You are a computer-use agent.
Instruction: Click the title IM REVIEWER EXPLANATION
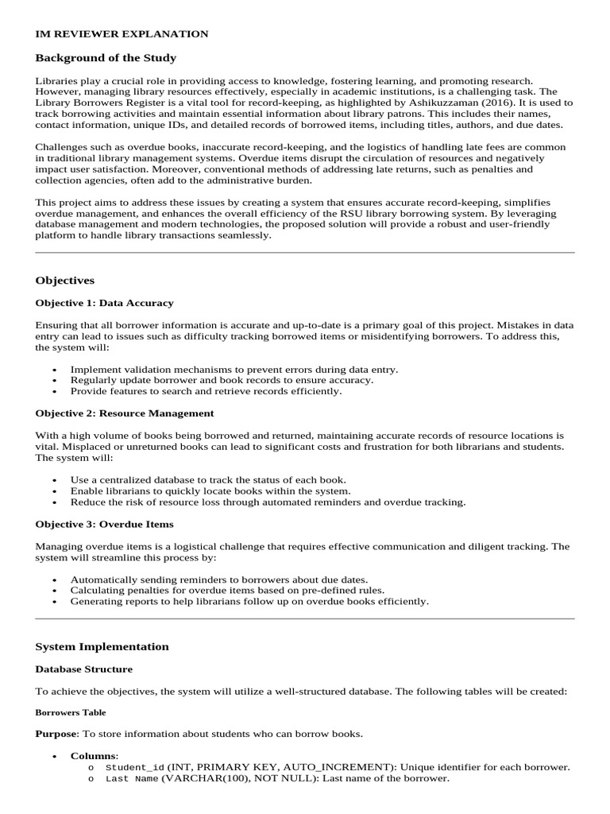click(x=122, y=34)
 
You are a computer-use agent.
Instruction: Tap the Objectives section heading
click(x=65, y=281)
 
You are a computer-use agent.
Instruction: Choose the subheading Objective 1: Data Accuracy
click(x=104, y=303)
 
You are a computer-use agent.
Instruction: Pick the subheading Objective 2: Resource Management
click(x=125, y=413)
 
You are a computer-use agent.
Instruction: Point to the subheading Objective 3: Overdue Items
click(x=104, y=524)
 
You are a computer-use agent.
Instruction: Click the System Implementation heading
click(x=102, y=646)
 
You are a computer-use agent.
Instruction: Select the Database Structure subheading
click(x=84, y=669)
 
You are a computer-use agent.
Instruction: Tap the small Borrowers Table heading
click(x=71, y=713)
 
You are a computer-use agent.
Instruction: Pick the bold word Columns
click(x=93, y=755)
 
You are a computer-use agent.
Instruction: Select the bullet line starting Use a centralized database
click(x=208, y=480)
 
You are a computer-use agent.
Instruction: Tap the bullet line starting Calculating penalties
click(x=227, y=591)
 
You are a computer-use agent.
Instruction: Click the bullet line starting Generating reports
click(x=249, y=602)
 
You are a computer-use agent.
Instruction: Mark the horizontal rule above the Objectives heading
click(x=305, y=253)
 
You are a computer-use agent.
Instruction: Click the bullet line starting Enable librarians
click(x=210, y=491)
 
